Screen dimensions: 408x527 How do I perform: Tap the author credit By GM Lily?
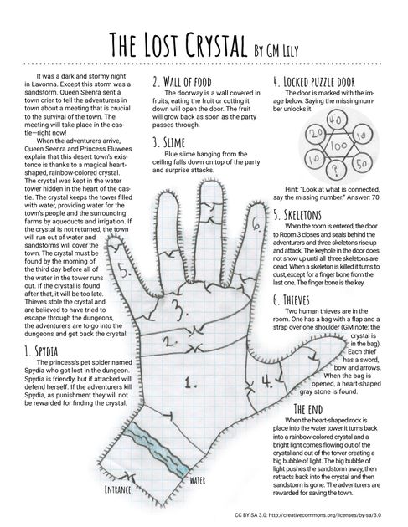(x=276, y=50)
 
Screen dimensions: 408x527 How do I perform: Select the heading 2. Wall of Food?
(x=182, y=82)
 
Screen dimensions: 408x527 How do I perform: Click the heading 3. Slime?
(x=168, y=142)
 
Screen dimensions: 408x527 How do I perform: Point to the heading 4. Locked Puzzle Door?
(x=314, y=82)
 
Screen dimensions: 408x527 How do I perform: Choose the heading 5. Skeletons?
(x=297, y=215)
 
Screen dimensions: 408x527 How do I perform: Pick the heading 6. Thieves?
(x=292, y=300)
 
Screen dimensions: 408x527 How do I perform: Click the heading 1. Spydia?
(x=41, y=351)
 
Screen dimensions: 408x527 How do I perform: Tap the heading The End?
(x=308, y=409)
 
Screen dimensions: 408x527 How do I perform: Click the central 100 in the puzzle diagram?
(x=338, y=146)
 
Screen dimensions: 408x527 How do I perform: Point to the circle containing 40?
(x=337, y=120)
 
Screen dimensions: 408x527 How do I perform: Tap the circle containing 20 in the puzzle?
(x=316, y=135)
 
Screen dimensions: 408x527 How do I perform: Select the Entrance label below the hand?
(x=117, y=489)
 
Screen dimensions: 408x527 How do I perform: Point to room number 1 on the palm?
(x=190, y=383)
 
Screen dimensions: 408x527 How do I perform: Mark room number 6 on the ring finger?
(x=256, y=223)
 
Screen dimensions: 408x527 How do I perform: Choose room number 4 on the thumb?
(x=267, y=381)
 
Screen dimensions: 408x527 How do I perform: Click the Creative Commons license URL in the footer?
(x=325, y=514)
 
